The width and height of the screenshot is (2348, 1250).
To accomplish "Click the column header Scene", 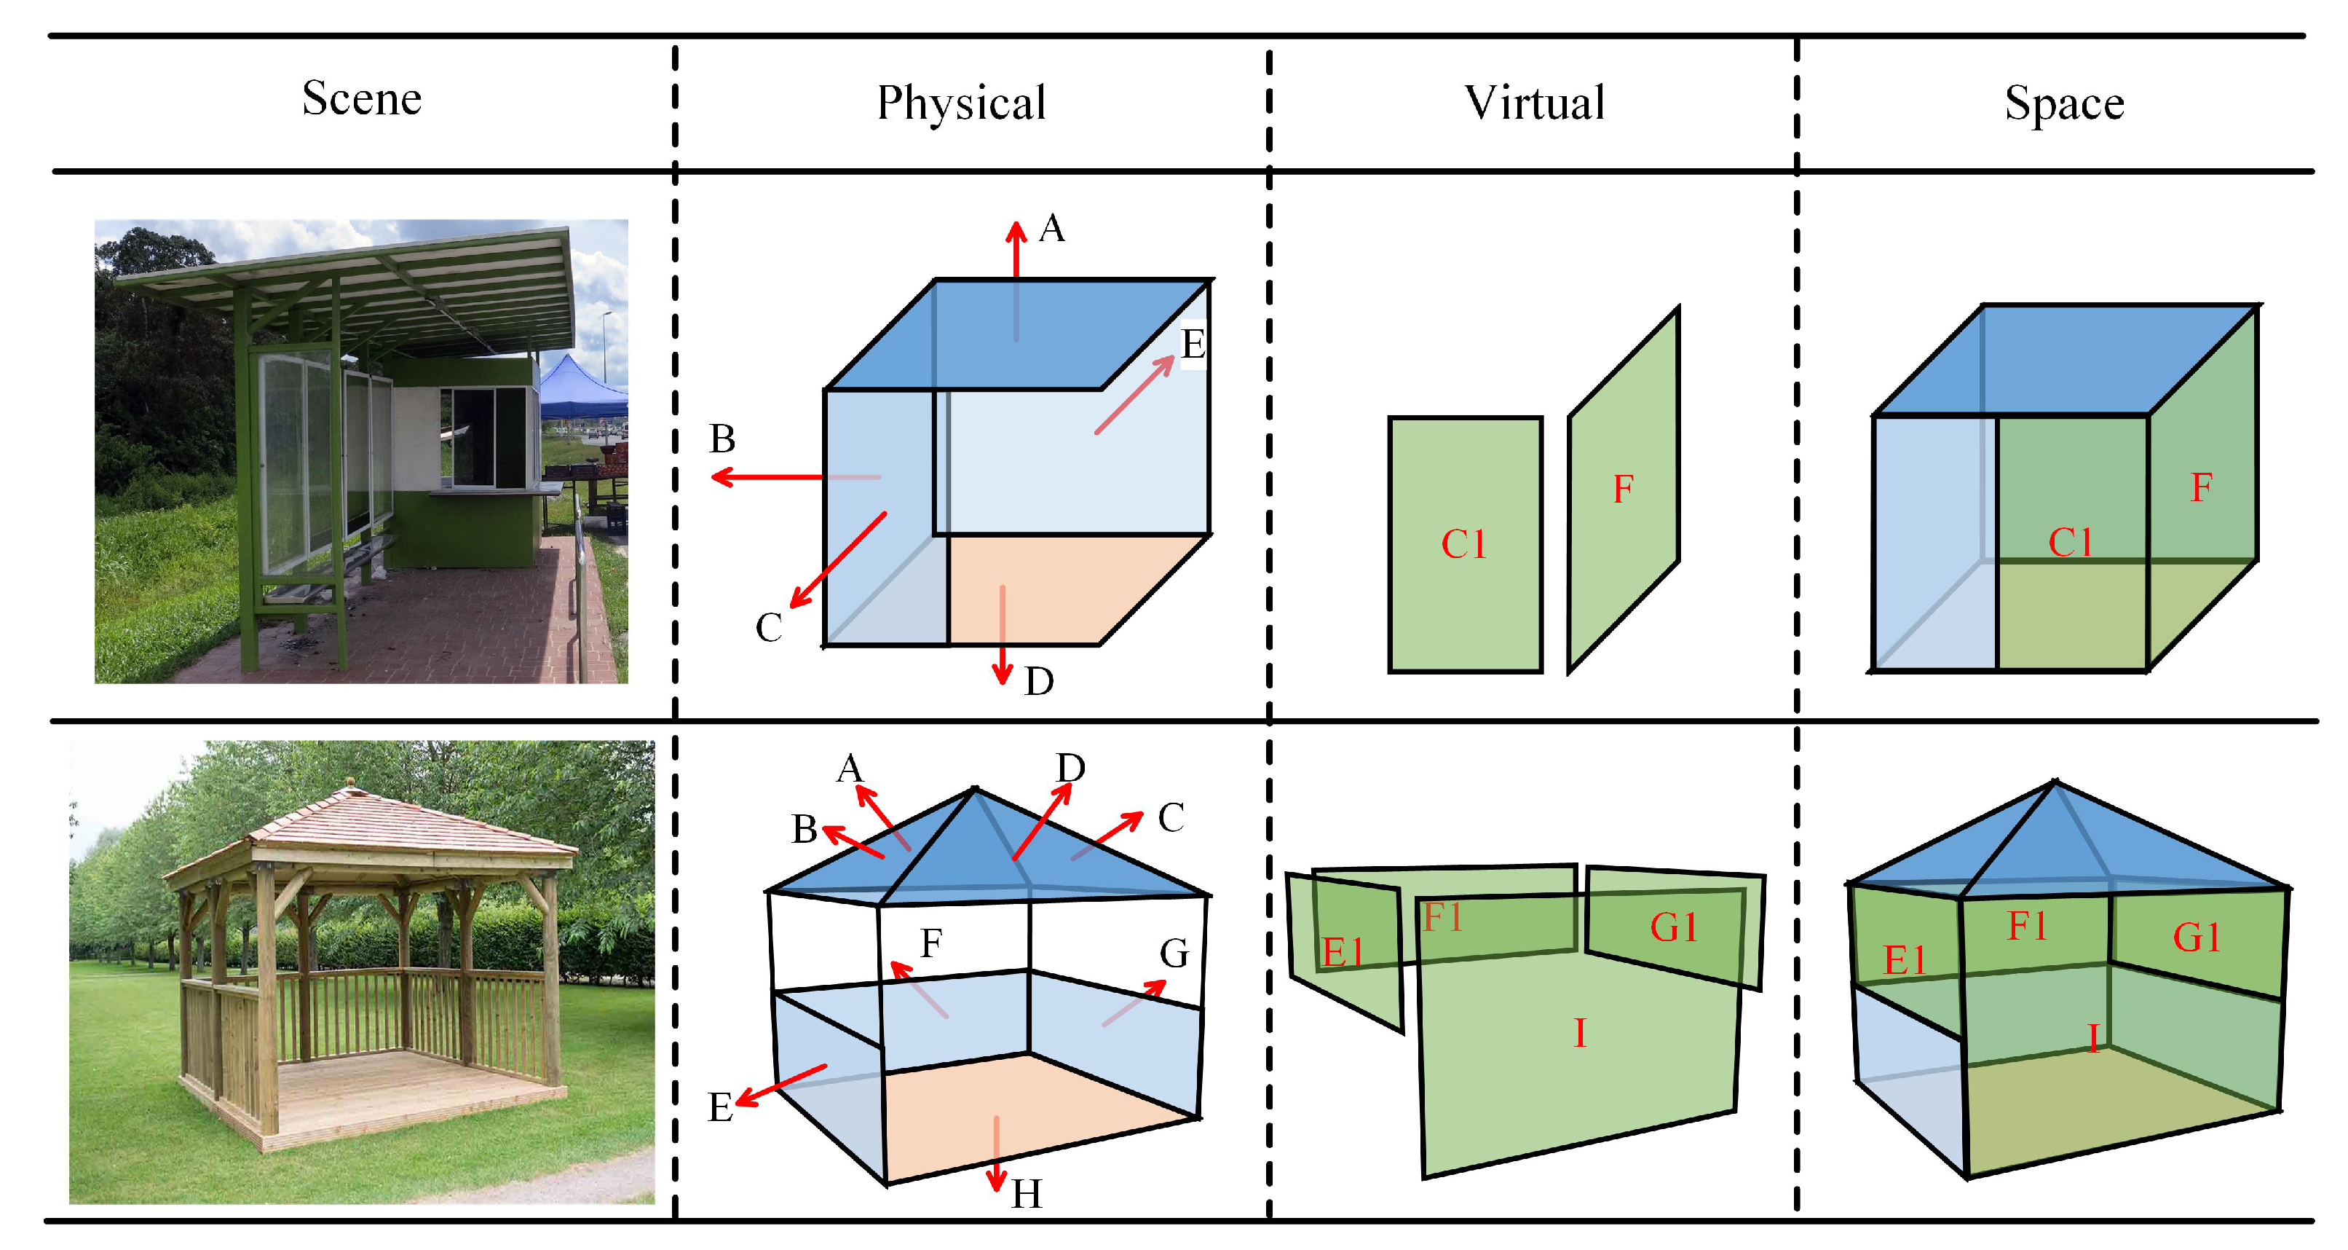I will tap(362, 98).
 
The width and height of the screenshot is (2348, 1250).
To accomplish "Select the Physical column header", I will tap(961, 102).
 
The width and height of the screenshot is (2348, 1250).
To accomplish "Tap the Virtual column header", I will tap(1534, 102).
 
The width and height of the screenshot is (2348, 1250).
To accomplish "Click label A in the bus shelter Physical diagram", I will tap(1052, 228).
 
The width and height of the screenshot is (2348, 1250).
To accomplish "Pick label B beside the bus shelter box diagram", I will tap(722, 439).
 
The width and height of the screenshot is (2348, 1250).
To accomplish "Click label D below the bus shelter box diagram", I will tap(1039, 681).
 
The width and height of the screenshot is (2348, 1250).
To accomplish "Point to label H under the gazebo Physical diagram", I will tap(1027, 1193).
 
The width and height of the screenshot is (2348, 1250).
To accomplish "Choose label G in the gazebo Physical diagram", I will tap(1174, 954).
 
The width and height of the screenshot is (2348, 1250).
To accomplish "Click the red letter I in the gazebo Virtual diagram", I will tap(1580, 1033).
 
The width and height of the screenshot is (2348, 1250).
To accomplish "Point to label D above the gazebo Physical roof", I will tap(1070, 768).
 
